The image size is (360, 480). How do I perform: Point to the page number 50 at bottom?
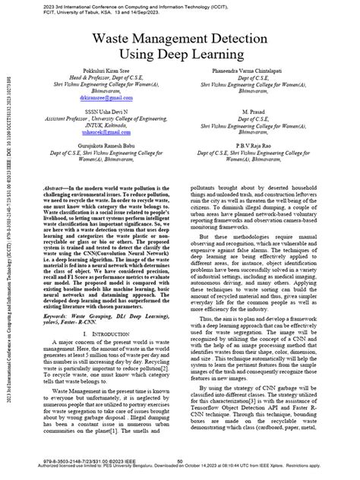(x=180, y=461)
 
